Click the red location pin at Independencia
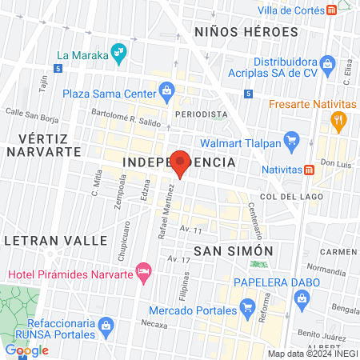(180, 162)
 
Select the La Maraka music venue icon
(120, 53)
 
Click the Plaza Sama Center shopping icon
(166, 90)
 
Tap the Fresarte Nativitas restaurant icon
(338, 122)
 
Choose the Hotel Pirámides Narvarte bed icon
(144, 274)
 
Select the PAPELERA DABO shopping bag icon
(302, 299)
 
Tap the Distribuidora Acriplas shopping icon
(326, 63)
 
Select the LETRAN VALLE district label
(55, 240)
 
